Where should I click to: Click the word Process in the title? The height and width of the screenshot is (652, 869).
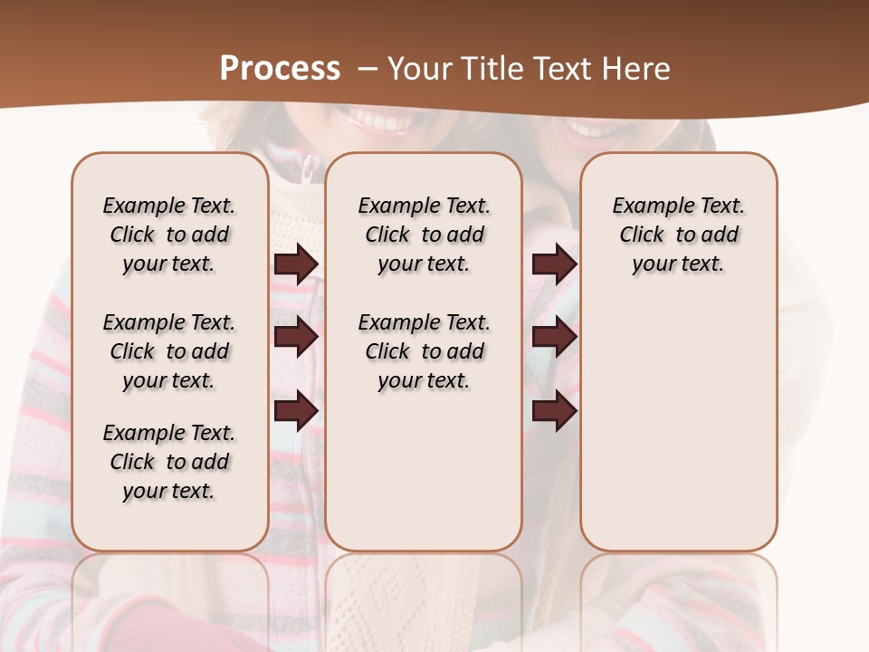(x=280, y=69)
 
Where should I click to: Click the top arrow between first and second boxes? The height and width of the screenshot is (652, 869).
(x=296, y=264)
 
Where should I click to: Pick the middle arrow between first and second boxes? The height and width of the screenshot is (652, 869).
(x=296, y=338)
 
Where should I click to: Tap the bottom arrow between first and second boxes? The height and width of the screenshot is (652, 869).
(x=296, y=411)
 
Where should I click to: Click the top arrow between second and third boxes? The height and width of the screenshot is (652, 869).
(x=554, y=264)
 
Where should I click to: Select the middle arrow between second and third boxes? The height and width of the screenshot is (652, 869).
(x=554, y=338)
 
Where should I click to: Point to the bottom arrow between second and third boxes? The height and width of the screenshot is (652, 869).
(x=554, y=411)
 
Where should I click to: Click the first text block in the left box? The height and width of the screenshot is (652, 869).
(x=169, y=235)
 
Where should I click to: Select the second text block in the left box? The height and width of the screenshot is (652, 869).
(x=169, y=351)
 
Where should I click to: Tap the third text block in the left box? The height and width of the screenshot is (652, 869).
(x=169, y=462)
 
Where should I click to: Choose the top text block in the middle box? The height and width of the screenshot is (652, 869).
(x=424, y=235)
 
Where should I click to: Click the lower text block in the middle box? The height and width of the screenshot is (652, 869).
(x=424, y=351)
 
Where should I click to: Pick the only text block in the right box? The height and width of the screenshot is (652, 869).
(x=678, y=235)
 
